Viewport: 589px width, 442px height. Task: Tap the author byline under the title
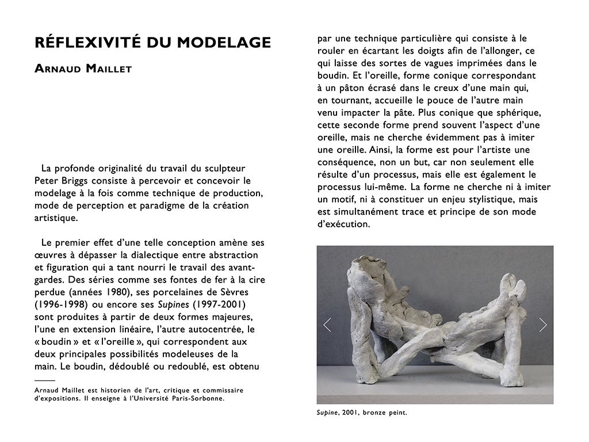coord(83,70)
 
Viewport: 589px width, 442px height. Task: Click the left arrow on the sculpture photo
coord(327,325)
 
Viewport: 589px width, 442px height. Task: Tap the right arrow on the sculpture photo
coord(543,325)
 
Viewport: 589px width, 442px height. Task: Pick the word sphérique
coord(512,112)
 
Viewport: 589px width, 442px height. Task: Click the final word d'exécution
coord(343,224)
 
